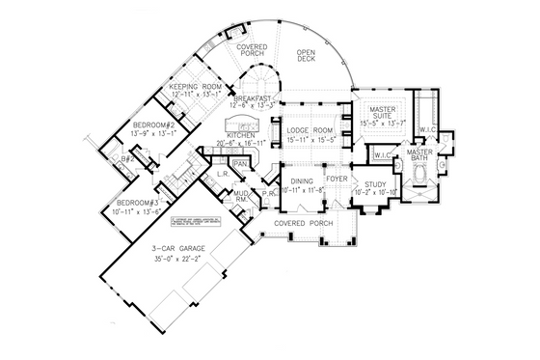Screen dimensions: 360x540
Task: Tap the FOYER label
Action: tap(337, 180)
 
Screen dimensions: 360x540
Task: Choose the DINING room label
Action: tap(301, 180)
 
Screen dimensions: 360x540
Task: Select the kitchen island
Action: tap(241, 125)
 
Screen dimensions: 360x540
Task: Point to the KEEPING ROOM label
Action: tap(197, 87)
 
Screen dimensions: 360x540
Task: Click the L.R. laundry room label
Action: tap(221, 175)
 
